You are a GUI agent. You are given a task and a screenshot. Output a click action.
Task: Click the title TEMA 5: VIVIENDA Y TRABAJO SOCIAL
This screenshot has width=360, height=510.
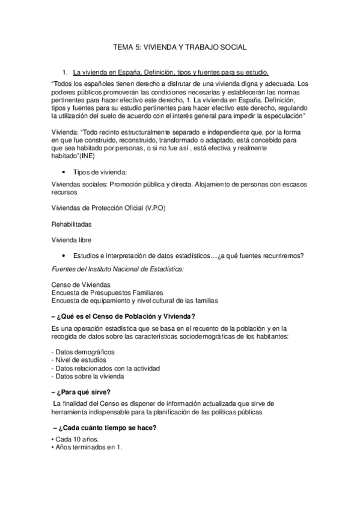(x=180, y=46)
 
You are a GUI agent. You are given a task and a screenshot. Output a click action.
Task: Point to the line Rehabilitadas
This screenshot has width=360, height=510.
(x=72, y=224)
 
